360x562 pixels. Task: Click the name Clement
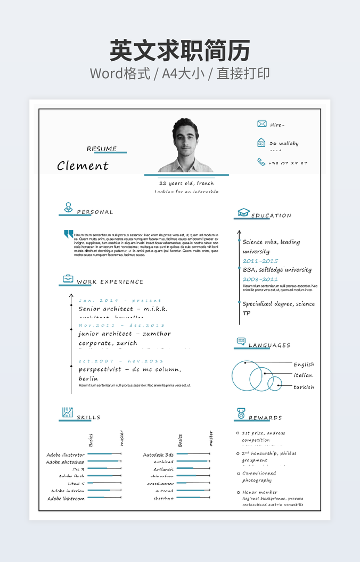[83, 166]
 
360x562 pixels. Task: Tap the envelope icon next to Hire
[261, 124]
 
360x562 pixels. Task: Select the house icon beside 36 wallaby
[261, 143]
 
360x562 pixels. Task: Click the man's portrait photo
[185, 145]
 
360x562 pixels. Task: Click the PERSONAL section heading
[95, 212]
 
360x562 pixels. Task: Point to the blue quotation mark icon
[68, 234]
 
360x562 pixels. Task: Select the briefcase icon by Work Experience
[68, 278]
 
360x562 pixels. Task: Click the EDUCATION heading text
[271, 216]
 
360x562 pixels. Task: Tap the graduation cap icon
[243, 212]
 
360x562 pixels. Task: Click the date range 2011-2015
[260, 261]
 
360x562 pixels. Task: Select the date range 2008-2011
[260, 279]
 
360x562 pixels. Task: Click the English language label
[304, 365]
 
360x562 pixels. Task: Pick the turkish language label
[304, 387]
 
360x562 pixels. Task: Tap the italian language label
[303, 375]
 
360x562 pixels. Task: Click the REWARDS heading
[265, 418]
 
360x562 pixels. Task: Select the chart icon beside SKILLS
[68, 412]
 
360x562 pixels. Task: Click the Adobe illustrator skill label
[66, 455]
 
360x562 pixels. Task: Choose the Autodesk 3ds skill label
[158, 455]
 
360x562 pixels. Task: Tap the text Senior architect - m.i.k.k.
[123, 309]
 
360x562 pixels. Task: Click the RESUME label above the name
[102, 149]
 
